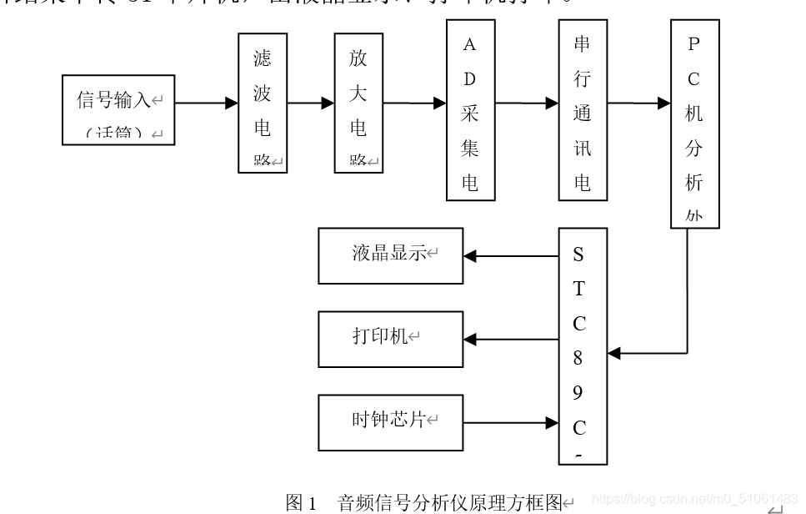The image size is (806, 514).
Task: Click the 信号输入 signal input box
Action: click(x=118, y=109)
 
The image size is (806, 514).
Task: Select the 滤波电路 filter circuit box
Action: click(x=263, y=103)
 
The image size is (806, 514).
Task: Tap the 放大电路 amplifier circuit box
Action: click(x=358, y=103)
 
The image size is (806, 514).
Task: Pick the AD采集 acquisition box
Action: click(x=470, y=110)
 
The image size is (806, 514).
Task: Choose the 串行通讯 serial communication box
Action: click(x=583, y=110)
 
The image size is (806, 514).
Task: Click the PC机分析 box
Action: click(x=694, y=123)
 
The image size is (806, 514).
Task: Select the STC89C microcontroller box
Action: click(x=583, y=345)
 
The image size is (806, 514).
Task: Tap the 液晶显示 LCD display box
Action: click(x=390, y=255)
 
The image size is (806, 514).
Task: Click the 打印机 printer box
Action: click(x=390, y=339)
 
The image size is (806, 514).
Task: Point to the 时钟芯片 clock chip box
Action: click(x=390, y=422)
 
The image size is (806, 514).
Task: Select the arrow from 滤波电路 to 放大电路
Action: click(x=311, y=103)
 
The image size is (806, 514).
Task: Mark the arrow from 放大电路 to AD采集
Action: click(x=415, y=103)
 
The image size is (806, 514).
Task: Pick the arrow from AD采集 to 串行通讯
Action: click(x=527, y=103)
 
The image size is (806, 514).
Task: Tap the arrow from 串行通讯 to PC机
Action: click(x=639, y=103)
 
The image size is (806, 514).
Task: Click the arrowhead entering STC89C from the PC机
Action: click(x=615, y=353)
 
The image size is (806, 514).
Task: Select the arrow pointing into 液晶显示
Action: click(x=511, y=256)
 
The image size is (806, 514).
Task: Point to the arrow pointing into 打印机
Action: click(x=511, y=340)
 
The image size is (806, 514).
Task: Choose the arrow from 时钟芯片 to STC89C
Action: click(x=511, y=423)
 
